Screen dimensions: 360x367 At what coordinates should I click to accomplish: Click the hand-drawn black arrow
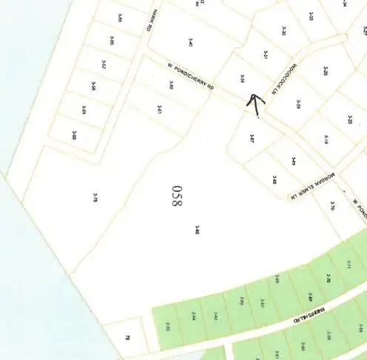click(x=255, y=104)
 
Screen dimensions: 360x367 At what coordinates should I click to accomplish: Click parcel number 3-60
click(x=74, y=135)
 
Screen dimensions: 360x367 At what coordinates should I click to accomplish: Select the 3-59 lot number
click(x=84, y=110)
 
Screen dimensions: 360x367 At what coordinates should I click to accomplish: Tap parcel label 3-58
click(x=93, y=86)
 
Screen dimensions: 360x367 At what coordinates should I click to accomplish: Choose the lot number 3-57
click(x=104, y=64)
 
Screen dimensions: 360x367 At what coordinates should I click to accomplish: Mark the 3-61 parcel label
click(x=158, y=109)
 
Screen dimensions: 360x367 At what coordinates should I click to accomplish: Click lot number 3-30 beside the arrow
click(x=242, y=78)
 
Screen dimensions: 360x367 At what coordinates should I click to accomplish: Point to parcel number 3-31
click(x=265, y=56)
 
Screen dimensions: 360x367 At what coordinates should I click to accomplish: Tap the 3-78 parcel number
click(x=95, y=197)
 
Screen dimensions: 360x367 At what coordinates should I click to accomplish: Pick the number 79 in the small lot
click(x=127, y=337)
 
